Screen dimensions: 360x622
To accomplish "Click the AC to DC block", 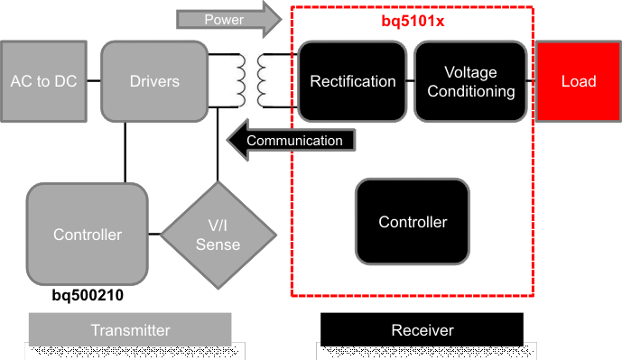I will click(x=43, y=81).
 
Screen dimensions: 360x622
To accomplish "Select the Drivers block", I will click(x=154, y=81).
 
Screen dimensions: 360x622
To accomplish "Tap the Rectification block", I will click(x=352, y=81).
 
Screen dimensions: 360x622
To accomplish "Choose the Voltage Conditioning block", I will click(x=470, y=81).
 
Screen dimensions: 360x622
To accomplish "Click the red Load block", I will click(x=578, y=81).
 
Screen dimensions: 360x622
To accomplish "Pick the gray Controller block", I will click(x=87, y=235).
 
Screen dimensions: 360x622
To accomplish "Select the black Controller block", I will click(x=413, y=222).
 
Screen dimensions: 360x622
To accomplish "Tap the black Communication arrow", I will click(x=290, y=140).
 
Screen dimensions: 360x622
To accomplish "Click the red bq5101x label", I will click(x=411, y=21).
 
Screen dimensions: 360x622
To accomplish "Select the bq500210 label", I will click(x=88, y=295).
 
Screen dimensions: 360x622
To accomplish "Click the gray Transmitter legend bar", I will click(x=130, y=330).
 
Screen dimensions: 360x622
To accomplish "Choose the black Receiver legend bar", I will click(x=422, y=330).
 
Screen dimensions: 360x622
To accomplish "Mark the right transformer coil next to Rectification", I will click(x=265, y=81).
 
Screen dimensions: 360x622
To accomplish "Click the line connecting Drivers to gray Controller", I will click(x=123, y=152).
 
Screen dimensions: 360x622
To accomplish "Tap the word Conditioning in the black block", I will click(x=470, y=91).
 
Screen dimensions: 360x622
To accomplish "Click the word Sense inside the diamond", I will click(x=218, y=245).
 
